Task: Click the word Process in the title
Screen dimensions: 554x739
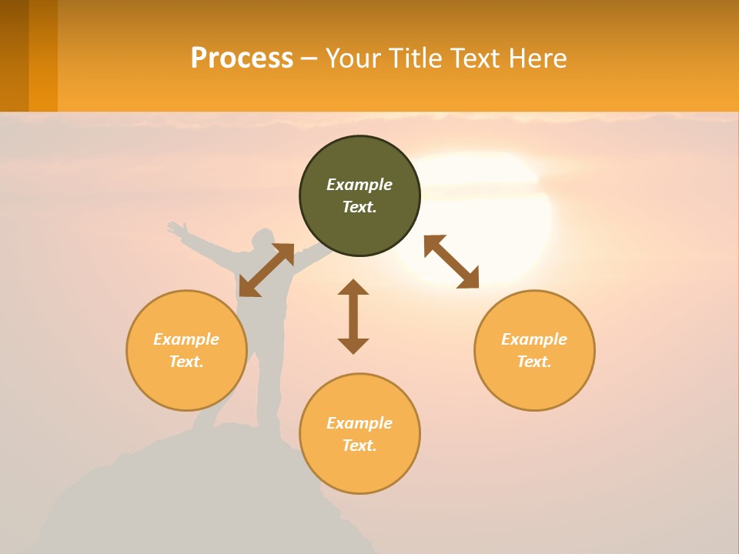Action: click(242, 58)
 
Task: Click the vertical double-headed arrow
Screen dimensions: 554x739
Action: click(353, 316)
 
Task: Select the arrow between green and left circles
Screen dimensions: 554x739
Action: click(266, 270)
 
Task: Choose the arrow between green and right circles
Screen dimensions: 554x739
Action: click(451, 262)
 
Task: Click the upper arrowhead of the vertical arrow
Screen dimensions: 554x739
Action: click(353, 287)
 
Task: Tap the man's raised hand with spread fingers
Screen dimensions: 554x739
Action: click(176, 229)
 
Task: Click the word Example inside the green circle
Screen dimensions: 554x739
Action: click(359, 185)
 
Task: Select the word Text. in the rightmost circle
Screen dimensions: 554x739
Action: click(534, 362)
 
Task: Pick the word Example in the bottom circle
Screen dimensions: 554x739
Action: click(359, 423)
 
